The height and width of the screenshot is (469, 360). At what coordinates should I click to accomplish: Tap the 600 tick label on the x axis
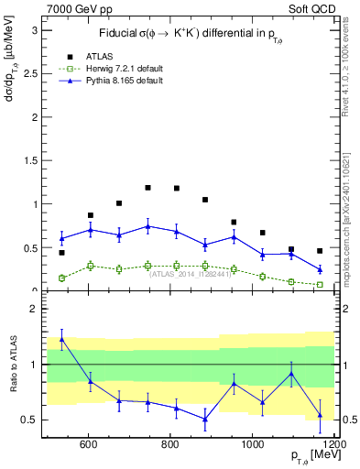tap(89, 446)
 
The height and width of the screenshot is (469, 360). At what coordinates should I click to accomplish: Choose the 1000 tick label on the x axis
tap(252, 446)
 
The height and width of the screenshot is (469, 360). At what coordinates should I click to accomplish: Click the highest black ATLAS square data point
tap(147, 188)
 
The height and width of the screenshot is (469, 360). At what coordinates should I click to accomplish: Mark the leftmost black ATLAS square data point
tap(61, 252)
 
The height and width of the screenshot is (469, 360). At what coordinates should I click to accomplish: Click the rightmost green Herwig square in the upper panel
tap(320, 285)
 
